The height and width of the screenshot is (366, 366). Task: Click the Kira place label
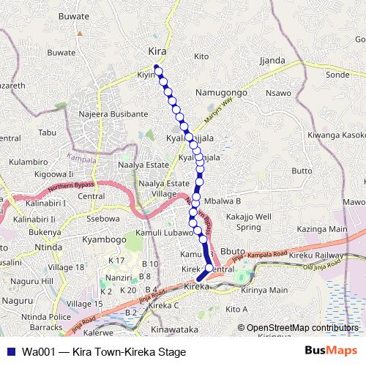[157, 52]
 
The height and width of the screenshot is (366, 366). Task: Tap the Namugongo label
[221, 93]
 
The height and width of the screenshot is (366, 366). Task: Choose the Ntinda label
[48, 247]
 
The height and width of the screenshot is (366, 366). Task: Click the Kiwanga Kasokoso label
[336, 135]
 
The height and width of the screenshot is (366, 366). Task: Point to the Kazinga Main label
[322, 229]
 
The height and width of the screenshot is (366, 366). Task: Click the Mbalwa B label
[223, 200]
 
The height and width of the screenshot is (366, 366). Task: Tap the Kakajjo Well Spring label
[249, 222]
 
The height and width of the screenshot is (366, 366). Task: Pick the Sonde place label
[337, 75]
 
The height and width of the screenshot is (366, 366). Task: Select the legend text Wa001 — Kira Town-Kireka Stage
[103, 351]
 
